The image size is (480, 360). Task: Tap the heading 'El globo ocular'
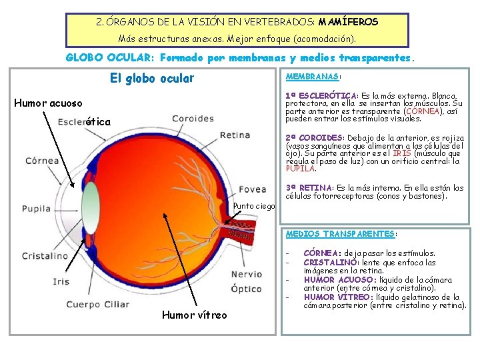pyautogui.click(x=151, y=79)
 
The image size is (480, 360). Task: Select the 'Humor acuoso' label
pyautogui.click(x=49, y=103)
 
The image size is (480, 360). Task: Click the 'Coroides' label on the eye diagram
pyautogui.click(x=193, y=119)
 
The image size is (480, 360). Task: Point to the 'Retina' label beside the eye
pyautogui.click(x=235, y=135)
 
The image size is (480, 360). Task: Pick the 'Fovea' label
pyautogui.click(x=252, y=189)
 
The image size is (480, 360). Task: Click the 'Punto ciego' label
pyautogui.click(x=254, y=206)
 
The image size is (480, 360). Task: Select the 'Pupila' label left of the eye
pyautogui.click(x=36, y=209)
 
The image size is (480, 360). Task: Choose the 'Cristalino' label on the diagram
pyautogui.click(x=45, y=256)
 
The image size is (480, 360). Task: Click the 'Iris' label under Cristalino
pyautogui.click(x=61, y=281)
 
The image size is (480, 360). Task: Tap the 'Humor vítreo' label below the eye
pyautogui.click(x=194, y=315)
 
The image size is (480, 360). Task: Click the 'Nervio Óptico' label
pyautogui.click(x=246, y=281)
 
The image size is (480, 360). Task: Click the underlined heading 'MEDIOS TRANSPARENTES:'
pyautogui.click(x=341, y=234)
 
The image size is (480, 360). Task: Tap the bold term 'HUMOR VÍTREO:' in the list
pyautogui.click(x=334, y=297)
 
